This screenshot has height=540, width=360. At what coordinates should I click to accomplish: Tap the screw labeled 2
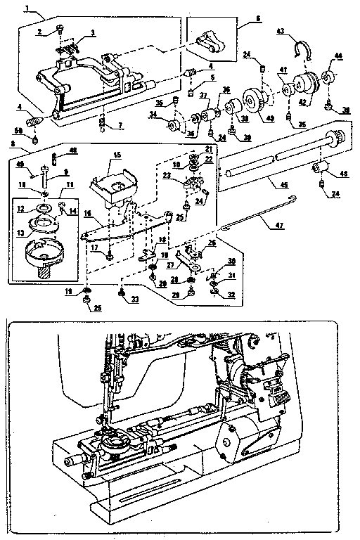[59, 29]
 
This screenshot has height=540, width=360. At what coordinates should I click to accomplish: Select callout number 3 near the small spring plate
[92, 33]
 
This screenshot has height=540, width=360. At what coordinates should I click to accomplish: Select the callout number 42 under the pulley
[305, 101]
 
